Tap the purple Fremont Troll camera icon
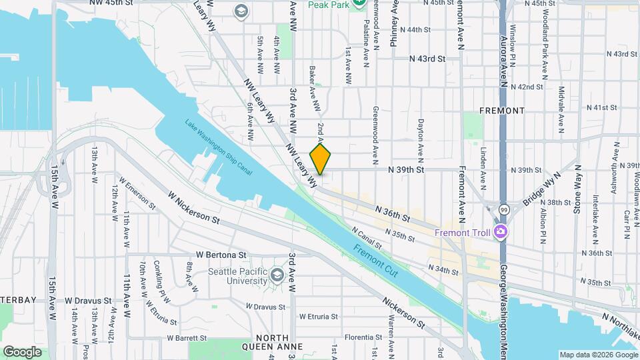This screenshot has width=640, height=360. pos(501,232)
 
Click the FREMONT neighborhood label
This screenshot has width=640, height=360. pos(502,110)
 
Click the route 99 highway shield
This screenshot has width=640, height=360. pos(505,209)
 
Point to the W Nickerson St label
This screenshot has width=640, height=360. pos(194,208)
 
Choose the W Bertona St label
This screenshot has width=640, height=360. pos(221,255)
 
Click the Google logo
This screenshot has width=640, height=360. pos(22,351)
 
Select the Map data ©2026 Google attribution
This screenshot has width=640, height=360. pos(598,355)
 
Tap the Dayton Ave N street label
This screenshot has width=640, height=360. pos(420,137)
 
